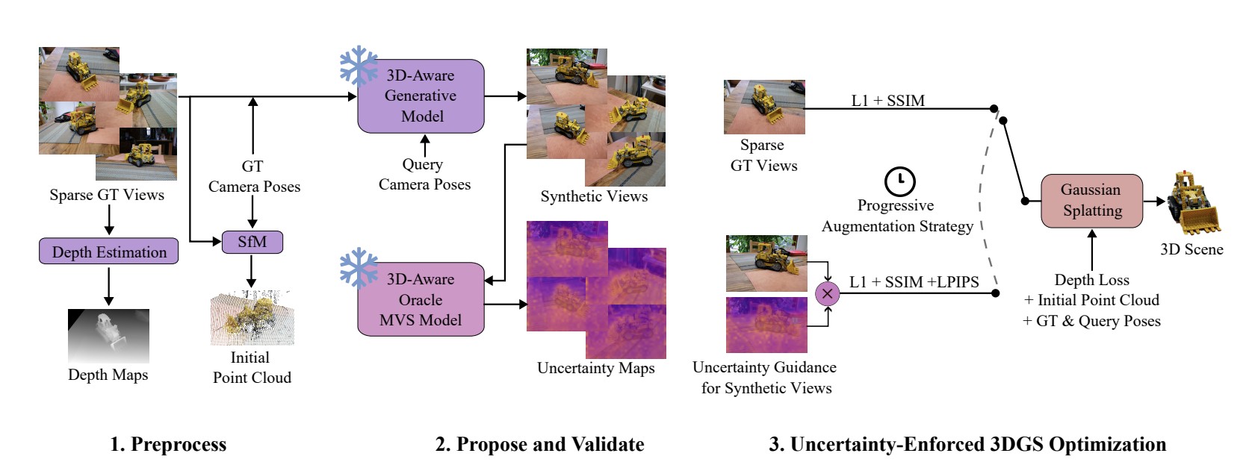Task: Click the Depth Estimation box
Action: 109,252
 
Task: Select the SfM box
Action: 252,242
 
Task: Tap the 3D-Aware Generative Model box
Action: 421,96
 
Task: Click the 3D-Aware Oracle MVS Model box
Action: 421,299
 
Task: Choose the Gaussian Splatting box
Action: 1091,200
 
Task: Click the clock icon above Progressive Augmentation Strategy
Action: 899,181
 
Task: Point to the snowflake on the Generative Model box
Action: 359,66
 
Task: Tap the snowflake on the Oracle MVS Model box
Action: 359,268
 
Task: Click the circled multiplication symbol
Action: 827,294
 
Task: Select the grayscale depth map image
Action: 108,336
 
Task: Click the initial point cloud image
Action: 252,319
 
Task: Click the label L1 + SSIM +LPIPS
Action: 914,282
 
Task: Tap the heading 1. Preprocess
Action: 168,444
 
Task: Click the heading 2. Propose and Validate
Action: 539,444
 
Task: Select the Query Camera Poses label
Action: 424,174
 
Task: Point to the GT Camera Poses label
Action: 254,176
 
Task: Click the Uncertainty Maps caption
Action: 595,368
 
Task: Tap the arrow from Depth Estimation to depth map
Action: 109,286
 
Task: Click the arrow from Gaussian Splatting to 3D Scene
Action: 1155,201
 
